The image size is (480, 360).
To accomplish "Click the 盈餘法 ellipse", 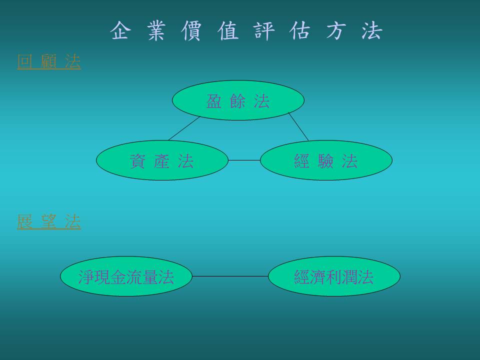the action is point(238,100).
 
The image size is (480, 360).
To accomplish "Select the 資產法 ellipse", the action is point(162,160).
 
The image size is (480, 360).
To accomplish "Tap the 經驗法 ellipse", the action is point(326,160).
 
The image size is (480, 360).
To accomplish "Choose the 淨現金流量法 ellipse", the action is point(126,276).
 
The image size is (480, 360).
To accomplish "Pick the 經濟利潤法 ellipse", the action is point(334,276).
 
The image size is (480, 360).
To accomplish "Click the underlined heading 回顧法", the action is point(49,61).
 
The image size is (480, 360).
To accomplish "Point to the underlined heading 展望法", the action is point(49,221).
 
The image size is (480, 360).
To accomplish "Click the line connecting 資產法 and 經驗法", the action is point(244,160).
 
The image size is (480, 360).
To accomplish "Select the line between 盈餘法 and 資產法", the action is point(184,128).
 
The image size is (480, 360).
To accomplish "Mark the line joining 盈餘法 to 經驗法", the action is point(298,126).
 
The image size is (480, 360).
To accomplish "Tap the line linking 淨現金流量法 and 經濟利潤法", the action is point(230,276).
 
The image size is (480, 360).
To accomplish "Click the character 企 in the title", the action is point(120,30).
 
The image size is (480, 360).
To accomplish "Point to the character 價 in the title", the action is point(191,30).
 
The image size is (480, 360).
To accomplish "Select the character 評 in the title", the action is point(263,30).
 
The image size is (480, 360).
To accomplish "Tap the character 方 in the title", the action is point(336,30).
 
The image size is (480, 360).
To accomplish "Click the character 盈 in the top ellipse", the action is point(214,101).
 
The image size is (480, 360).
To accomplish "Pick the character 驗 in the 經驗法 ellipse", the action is point(325,161).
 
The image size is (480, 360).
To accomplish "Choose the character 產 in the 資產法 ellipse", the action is point(162,161).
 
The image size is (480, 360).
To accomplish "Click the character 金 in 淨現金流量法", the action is point(118,277).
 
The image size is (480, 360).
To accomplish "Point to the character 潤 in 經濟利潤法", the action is point(349,277).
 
